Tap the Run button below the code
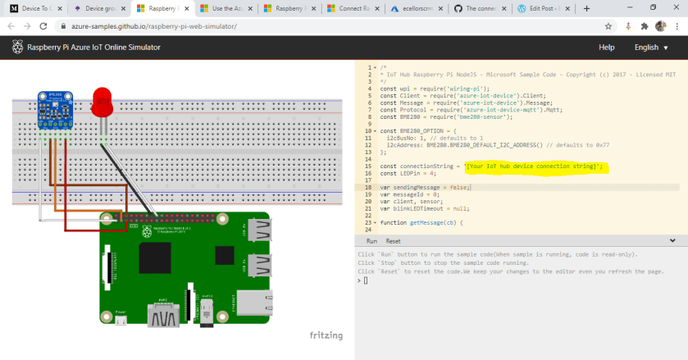tap(371, 241)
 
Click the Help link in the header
tap(607, 48)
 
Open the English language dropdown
tap(652, 48)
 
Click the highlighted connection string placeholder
tap(533, 166)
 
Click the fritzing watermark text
tap(326, 335)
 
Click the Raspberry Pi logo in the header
tap(17, 48)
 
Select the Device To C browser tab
tap(32, 8)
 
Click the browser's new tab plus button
tap(586, 8)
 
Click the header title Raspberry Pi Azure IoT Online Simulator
tap(93, 48)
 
